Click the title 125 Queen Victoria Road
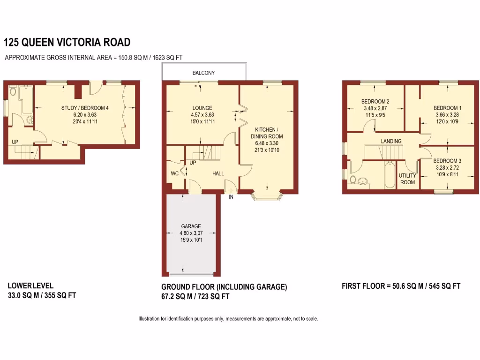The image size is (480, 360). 67,43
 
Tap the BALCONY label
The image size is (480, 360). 203,73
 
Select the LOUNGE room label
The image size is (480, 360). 202,108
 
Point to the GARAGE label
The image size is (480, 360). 191,226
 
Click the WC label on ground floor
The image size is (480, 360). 174,173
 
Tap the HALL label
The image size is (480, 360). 218,173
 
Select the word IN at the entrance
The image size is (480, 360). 231,197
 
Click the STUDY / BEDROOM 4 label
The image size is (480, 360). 85,108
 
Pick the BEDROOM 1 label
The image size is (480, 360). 447,108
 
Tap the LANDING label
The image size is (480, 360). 391,141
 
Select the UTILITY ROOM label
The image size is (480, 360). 407,179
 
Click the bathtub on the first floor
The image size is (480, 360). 389,175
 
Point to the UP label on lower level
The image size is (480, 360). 15,142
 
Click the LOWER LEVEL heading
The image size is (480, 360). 30,285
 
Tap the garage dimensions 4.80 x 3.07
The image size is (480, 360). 191,233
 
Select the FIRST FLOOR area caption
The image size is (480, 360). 401,286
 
